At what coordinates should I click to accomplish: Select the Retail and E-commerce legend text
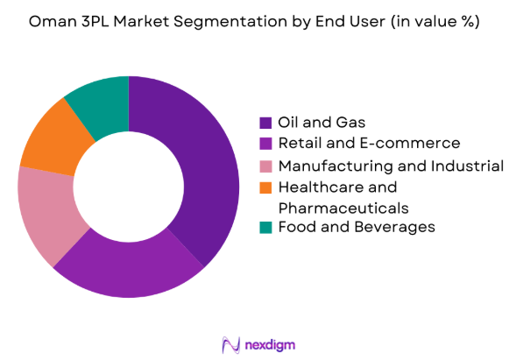369,143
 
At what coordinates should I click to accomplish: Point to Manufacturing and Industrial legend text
391,165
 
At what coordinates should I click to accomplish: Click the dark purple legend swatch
265,122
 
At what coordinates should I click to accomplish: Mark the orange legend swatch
265,187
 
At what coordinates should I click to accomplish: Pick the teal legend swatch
265,228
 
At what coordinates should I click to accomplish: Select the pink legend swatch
265,165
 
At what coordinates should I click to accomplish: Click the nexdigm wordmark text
271,343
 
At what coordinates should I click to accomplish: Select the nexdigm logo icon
231,343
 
